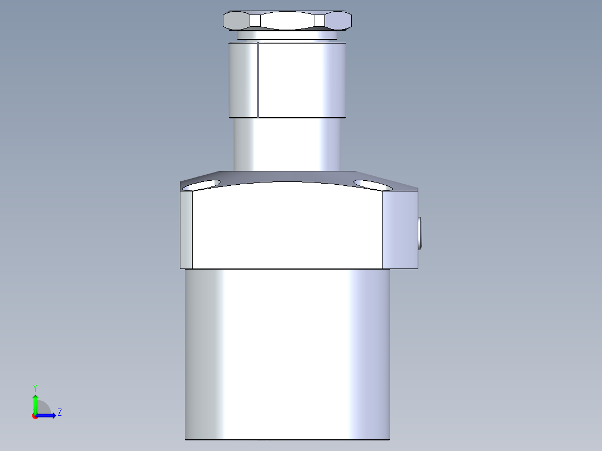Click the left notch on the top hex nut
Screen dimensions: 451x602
tap(255, 21)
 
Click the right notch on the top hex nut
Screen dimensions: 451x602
tap(319, 21)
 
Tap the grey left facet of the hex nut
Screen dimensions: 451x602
tap(236, 21)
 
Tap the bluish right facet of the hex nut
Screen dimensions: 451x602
tap(338, 21)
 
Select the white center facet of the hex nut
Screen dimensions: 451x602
tap(287, 21)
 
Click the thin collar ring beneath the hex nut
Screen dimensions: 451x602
tap(287, 36)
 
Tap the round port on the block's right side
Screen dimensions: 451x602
tap(420, 234)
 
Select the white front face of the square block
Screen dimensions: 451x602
tap(287, 229)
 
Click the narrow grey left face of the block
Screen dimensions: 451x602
tap(186, 229)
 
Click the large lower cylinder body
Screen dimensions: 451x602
tap(287, 352)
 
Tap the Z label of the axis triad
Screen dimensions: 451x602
tap(59, 412)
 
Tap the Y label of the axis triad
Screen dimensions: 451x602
tap(35, 387)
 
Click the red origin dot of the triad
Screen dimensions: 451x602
tap(35, 416)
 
